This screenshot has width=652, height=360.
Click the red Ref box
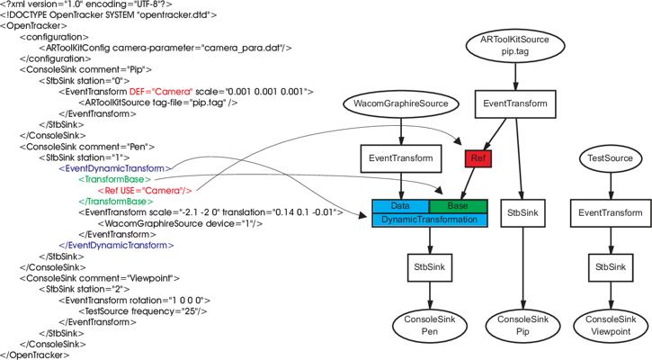pyautogui.click(x=478, y=158)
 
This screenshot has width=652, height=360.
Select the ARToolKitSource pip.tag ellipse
pyautogui.click(x=514, y=45)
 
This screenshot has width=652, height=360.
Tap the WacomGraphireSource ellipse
pyautogui.click(x=401, y=103)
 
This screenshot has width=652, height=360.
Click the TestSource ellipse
pyautogui.click(x=611, y=158)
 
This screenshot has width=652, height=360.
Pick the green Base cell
pyautogui.click(x=458, y=206)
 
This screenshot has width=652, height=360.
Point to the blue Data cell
pyautogui.click(x=400, y=206)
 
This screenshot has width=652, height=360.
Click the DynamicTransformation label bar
pyautogui.click(x=430, y=220)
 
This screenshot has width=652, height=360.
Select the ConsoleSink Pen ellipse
pyautogui.click(x=430, y=326)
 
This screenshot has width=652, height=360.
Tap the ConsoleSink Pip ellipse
pyautogui.click(x=522, y=326)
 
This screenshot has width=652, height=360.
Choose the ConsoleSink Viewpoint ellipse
pyautogui.click(x=611, y=326)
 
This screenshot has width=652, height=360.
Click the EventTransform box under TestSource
pyautogui.click(x=611, y=213)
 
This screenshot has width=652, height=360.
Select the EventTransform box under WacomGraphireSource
pyautogui.click(x=401, y=158)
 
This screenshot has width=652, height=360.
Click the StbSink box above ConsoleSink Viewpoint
pyautogui.click(x=611, y=267)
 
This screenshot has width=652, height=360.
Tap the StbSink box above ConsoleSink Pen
pyautogui.click(x=430, y=267)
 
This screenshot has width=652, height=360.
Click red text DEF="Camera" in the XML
pyautogui.click(x=161, y=92)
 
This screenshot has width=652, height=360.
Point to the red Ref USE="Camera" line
pyautogui.click(x=145, y=191)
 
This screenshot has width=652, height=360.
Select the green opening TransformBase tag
pyautogui.click(x=115, y=179)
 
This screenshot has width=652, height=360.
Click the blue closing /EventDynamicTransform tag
pyautogui.click(x=116, y=245)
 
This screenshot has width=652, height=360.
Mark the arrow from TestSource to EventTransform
pyautogui.click(x=611, y=185)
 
